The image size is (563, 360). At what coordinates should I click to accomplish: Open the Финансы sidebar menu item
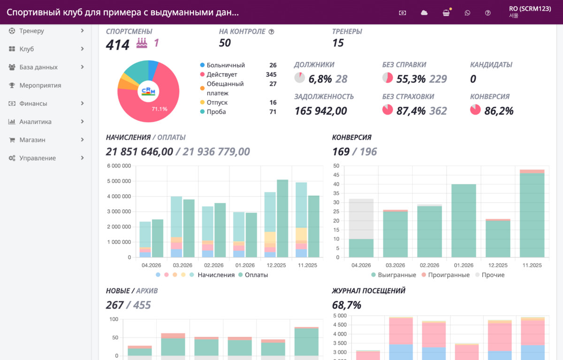pyautogui.click(x=33, y=104)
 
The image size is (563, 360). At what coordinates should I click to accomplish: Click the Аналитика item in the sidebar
pyautogui.click(x=36, y=122)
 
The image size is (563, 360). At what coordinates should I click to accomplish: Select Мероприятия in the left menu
pyautogui.click(x=40, y=85)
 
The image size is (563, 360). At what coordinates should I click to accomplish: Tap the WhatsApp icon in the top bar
pyautogui.click(x=467, y=13)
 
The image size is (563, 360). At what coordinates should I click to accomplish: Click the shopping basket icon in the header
pyautogui.click(x=446, y=13)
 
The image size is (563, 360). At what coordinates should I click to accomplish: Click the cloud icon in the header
pyautogui.click(x=424, y=13)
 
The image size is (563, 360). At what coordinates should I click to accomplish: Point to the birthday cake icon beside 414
pyautogui.click(x=142, y=43)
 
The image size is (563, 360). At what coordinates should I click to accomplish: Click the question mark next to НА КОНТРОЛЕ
pyautogui.click(x=272, y=31)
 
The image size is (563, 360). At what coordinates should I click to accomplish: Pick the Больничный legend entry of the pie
pyautogui.click(x=222, y=65)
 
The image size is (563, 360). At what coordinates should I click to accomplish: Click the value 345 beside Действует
pyautogui.click(x=271, y=75)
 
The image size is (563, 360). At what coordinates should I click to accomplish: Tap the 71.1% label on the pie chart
pyautogui.click(x=160, y=109)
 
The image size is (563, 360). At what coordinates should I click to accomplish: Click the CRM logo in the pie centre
pyautogui.click(x=148, y=91)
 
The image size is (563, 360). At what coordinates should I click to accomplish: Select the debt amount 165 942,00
pyautogui.click(x=321, y=111)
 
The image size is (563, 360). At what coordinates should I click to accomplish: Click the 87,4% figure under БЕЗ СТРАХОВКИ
pyautogui.click(x=411, y=111)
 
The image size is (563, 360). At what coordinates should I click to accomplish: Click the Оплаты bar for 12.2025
pyautogui.click(x=282, y=218)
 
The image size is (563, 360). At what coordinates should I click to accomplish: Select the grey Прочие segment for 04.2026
pyautogui.click(x=361, y=219)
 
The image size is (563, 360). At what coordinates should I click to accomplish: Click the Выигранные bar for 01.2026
pyautogui.click(x=464, y=221)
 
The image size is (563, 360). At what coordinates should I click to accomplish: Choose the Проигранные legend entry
pyautogui.click(x=446, y=275)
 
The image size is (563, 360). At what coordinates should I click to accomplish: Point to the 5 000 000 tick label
pyautogui.click(x=119, y=181)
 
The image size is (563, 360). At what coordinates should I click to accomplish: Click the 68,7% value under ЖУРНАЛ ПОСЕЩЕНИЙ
pyautogui.click(x=347, y=305)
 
